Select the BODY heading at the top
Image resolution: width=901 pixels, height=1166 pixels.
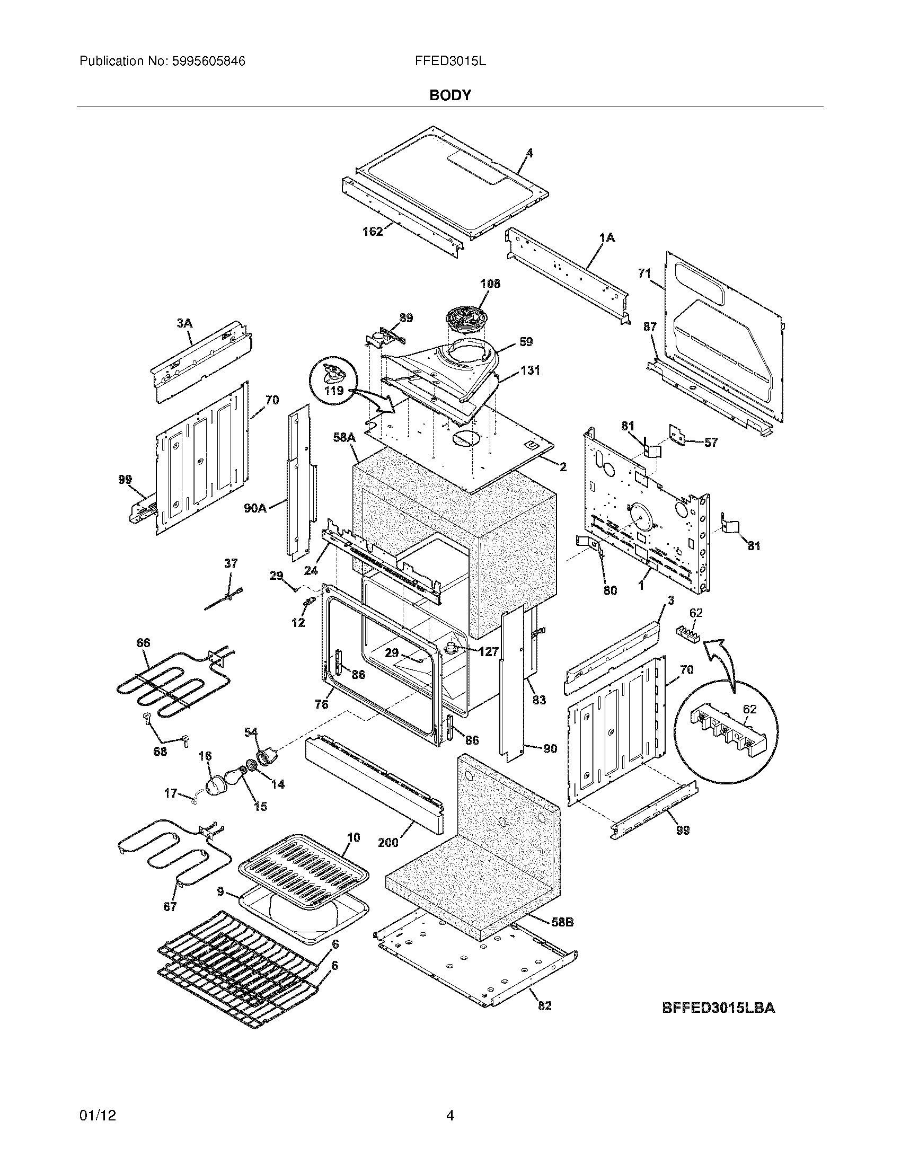(450, 95)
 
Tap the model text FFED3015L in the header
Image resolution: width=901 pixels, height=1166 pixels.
(450, 61)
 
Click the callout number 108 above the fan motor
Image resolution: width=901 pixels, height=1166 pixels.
(490, 284)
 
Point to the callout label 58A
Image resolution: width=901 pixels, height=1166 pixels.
(344, 437)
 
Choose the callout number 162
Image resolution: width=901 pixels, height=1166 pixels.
(372, 231)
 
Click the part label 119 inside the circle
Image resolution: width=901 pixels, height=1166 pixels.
(334, 390)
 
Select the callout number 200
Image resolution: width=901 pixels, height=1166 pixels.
(388, 843)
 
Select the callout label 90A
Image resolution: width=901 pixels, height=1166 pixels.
(255, 508)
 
